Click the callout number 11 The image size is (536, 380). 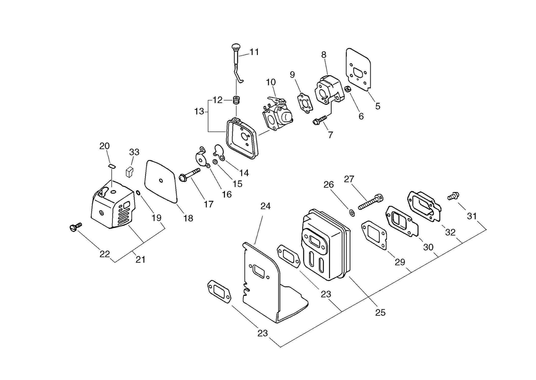pos(254,52)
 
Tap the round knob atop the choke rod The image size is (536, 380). pos(236,47)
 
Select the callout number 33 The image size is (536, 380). pos(134,152)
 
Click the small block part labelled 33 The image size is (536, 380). pos(130,172)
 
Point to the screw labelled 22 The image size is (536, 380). pos(75,226)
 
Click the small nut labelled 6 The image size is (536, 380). pos(348,89)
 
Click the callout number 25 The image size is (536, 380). pos(380,312)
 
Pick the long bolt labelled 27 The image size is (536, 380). pos(370,202)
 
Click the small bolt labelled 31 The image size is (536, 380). pos(453,196)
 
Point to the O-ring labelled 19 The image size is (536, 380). pos(138,193)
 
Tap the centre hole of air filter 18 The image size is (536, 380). pos(161,181)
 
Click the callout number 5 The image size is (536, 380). pos(378,106)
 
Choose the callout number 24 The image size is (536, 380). pos(265,206)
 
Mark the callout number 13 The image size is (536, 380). pos(199,111)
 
